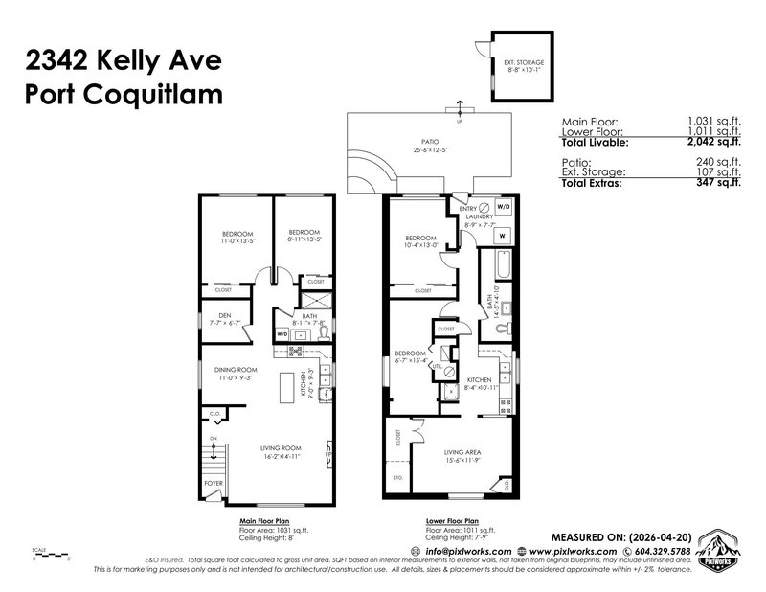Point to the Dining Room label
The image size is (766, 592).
pyautogui.click(x=235, y=370)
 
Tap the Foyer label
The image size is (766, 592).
pyautogui.click(x=214, y=484)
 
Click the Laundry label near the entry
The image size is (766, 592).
pyautogui.click(x=479, y=216)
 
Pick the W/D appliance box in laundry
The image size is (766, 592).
pyautogui.click(x=504, y=206)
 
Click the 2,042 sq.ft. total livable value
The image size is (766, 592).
pyautogui.click(x=665, y=142)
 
